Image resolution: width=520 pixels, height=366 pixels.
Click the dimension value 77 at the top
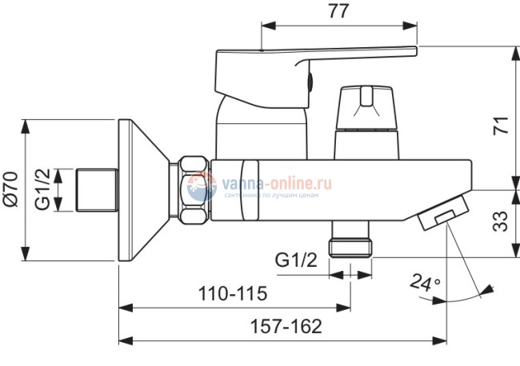[x=338, y=11]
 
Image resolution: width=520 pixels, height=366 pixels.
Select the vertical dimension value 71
[x=501, y=125]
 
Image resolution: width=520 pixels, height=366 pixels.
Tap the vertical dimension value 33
[x=500, y=221]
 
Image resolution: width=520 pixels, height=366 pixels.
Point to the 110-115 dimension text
[x=233, y=293]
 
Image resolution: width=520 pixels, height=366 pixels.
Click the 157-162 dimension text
[x=286, y=326]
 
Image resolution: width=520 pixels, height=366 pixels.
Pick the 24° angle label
[x=425, y=283]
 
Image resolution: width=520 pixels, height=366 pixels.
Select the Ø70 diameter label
[x=11, y=189]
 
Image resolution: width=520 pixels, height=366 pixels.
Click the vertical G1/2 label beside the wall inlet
[x=42, y=189]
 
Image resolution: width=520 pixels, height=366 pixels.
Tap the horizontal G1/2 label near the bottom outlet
[x=296, y=260]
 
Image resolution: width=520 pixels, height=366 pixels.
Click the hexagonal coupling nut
[x=194, y=189]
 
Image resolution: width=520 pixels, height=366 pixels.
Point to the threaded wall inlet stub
[x=98, y=189]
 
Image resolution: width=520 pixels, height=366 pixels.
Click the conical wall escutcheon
[x=143, y=190]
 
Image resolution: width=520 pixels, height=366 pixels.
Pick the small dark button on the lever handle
[x=310, y=82]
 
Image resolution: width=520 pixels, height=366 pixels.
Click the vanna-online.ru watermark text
[x=277, y=183]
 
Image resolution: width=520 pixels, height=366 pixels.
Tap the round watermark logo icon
[x=202, y=186]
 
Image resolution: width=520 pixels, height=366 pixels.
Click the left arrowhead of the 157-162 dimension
[x=126, y=340]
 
